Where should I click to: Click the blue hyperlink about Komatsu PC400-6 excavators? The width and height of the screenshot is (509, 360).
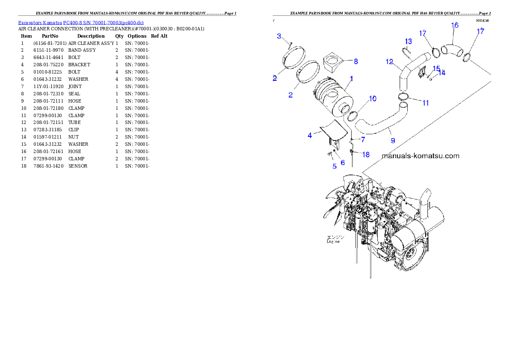pyautogui.click(x=81, y=22)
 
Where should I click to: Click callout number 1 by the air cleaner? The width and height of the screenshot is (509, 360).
pyautogui.click(x=352, y=79)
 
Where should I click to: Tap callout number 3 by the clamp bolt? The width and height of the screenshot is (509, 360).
pyautogui.click(x=279, y=36)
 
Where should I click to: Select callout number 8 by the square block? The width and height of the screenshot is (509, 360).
pyautogui.click(x=356, y=62)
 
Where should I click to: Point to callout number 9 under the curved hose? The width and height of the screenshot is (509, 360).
pyautogui.click(x=393, y=140)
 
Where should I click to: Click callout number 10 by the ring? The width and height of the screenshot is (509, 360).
pyautogui.click(x=373, y=99)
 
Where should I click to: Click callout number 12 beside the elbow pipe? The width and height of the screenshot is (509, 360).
pyautogui.click(x=389, y=62)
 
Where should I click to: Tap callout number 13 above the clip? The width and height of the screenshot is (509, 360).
pyautogui.click(x=408, y=41)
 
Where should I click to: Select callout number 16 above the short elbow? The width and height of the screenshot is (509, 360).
pyautogui.click(x=455, y=26)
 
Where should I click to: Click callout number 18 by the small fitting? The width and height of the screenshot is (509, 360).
pyautogui.click(x=366, y=155)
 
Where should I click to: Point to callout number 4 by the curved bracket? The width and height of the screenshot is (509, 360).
pyautogui.click(x=310, y=136)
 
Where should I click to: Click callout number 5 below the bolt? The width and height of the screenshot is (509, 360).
pyautogui.click(x=334, y=166)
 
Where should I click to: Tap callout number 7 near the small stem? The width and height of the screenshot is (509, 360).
pyautogui.click(x=363, y=140)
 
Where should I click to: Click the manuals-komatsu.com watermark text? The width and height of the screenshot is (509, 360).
pyautogui.click(x=420, y=156)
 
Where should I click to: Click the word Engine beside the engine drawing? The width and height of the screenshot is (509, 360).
pyautogui.click(x=333, y=241)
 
